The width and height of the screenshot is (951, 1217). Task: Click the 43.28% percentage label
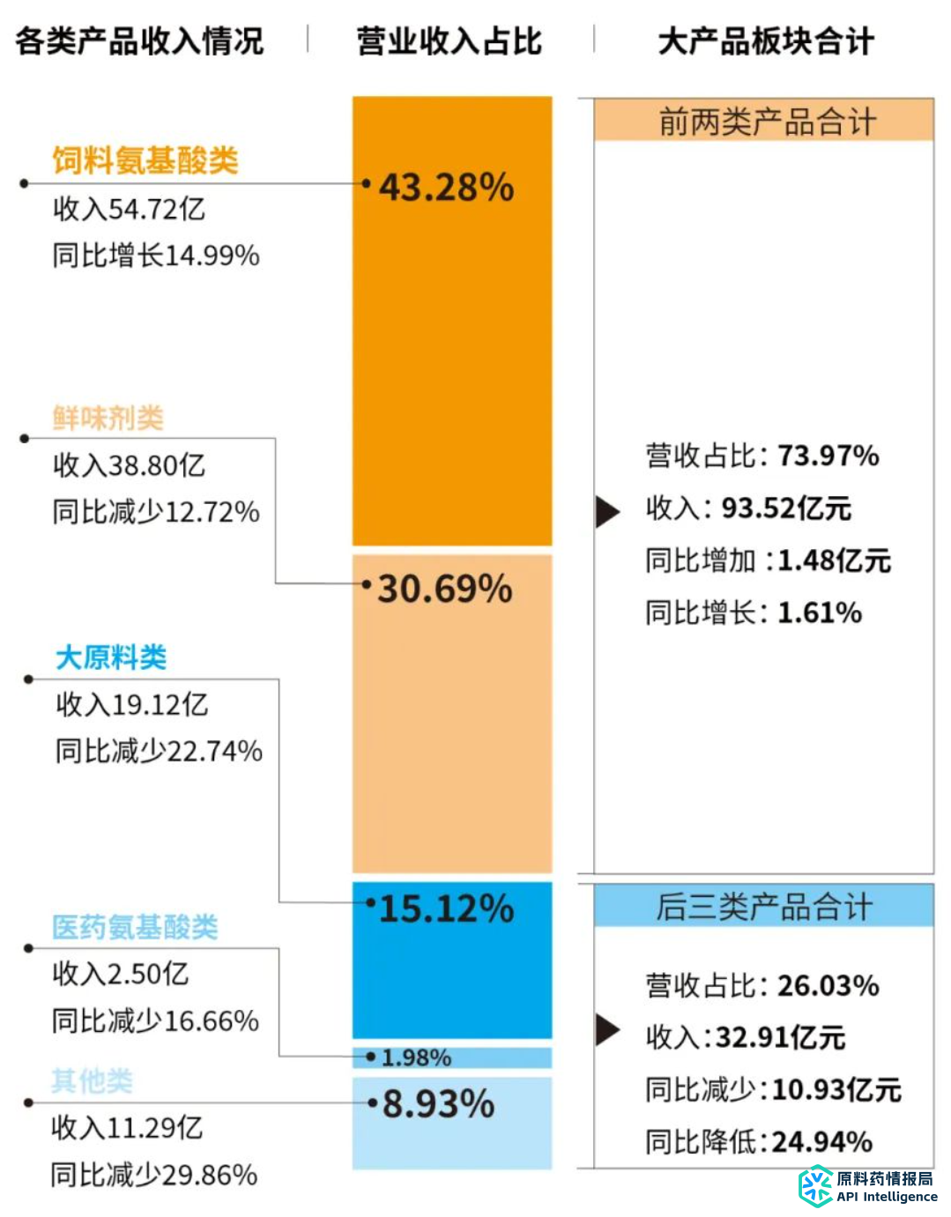(x=446, y=188)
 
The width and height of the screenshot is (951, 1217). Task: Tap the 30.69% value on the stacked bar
(x=445, y=589)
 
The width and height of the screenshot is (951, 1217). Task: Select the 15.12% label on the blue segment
(x=446, y=909)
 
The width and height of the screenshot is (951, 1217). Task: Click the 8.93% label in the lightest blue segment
(x=438, y=1104)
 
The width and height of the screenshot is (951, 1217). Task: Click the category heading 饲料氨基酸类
(x=145, y=160)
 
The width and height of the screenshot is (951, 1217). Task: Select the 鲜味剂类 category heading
(x=108, y=418)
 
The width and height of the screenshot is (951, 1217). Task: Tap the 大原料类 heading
(x=111, y=657)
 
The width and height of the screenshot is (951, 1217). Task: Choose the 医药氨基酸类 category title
(x=135, y=927)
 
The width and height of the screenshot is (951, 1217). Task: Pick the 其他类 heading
(x=92, y=1080)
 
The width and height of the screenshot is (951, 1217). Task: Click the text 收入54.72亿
(x=129, y=209)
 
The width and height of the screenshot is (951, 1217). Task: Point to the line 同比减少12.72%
(x=156, y=512)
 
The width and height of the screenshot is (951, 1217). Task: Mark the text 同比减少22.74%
(x=159, y=752)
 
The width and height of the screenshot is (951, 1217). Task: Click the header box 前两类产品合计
(x=763, y=121)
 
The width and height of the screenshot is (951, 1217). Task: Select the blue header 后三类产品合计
(x=763, y=906)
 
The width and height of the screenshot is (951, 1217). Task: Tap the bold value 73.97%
(x=828, y=456)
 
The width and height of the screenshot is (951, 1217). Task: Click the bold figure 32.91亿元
(x=780, y=1038)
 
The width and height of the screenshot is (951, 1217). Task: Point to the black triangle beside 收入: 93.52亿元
(x=606, y=510)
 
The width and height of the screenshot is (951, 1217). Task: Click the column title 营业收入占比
(x=449, y=41)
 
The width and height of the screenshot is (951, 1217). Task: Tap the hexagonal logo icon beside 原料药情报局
(x=815, y=1186)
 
